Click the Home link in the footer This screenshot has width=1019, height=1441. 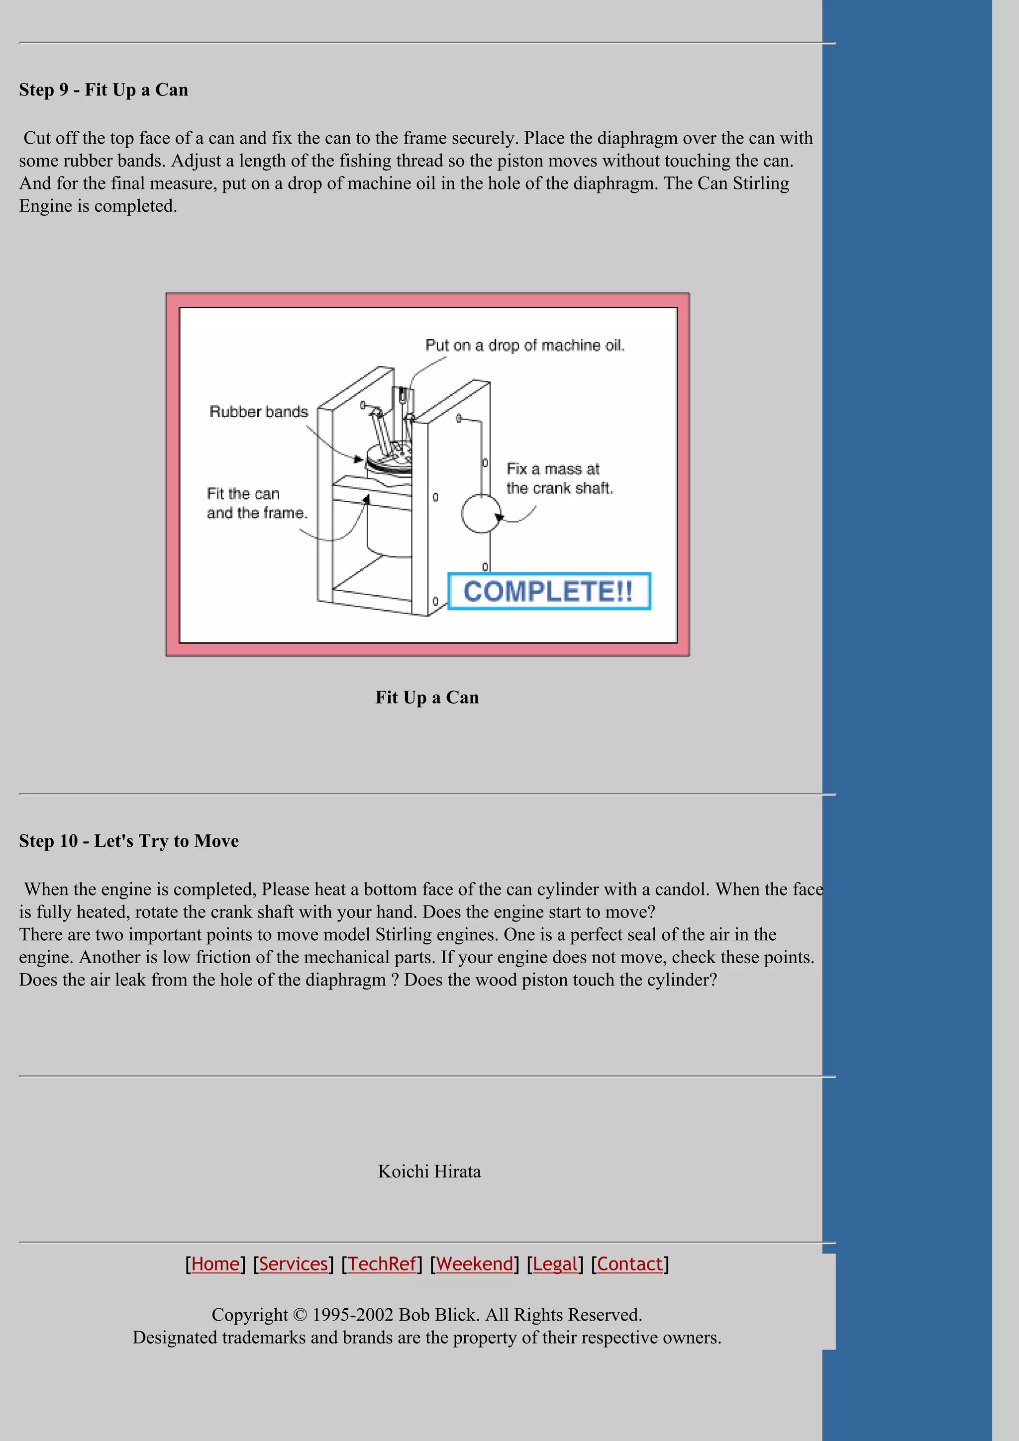[x=215, y=1264]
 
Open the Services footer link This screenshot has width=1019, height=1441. [x=293, y=1264]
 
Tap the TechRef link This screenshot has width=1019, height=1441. [x=382, y=1264]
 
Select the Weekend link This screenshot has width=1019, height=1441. [x=474, y=1264]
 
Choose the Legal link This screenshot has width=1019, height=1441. [x=554, y=1264]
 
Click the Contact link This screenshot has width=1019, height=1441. [x=630, y=1264]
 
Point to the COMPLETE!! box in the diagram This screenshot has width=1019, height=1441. [x=549, y=591]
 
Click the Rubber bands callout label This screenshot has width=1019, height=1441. [x=259, y=412]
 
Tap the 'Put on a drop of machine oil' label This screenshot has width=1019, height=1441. [x=525, y=345]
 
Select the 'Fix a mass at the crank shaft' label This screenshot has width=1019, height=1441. [x=559, y=478]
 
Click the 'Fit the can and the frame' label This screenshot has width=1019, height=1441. [x=257, y=503]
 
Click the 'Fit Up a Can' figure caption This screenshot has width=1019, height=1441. [x=427, y=697]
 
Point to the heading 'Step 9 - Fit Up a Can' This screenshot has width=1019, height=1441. [x=103, y=90]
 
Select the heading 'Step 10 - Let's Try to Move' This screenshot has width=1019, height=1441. [x=129, y=841]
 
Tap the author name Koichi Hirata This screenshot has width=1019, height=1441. [x=429, y=1171]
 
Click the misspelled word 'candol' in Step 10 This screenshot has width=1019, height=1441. [x=681, y=890]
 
